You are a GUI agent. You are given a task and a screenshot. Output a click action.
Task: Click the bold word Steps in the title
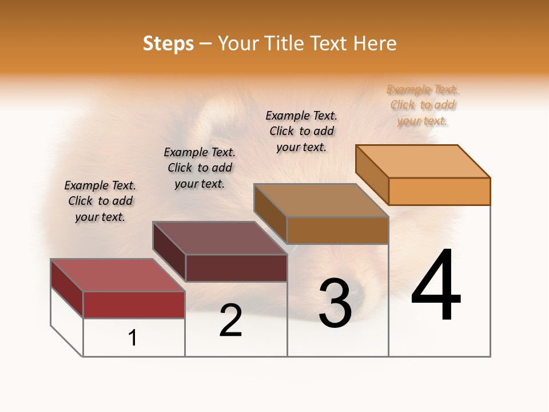coord(168,43)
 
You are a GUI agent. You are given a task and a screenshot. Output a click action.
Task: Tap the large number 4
coord(436,286)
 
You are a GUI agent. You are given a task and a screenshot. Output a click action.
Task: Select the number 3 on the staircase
coord(335,303)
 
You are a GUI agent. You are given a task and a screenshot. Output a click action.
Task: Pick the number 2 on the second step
coord(231,320)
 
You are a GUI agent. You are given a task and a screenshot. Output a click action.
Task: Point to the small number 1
coord(133,338)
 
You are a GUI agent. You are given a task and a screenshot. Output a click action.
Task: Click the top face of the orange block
coord(422,161)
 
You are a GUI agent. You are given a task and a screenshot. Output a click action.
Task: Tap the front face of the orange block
coord(439,191)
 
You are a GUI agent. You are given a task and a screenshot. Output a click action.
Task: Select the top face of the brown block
coord(320,200)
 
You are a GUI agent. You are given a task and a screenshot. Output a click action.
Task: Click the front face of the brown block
coord(337,230)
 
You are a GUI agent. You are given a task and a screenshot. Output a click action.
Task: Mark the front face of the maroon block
coord(236,268)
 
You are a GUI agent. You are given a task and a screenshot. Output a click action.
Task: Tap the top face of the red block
coord(117,275)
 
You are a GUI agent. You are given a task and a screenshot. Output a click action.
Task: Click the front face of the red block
coord(134,304)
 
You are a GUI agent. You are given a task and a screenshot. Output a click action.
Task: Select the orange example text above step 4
coord(423,105)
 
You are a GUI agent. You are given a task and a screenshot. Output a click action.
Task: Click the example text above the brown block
coord(301,131)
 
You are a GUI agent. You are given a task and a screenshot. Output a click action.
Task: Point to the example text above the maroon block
coord(200,168)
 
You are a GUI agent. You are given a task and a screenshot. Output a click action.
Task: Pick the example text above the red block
coord(100,201)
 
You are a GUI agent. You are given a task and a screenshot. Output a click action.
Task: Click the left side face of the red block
coord(67,289)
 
